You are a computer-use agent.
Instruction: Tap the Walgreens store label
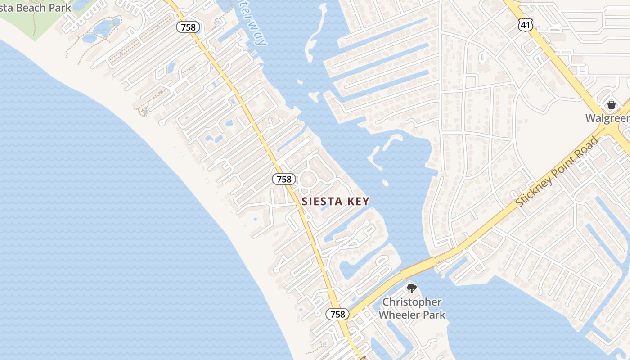tap(607, 118)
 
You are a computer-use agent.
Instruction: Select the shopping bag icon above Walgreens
tap(611, 105)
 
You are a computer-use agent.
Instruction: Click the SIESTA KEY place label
tap(336, 202)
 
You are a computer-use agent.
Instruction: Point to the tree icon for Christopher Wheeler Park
tap(411, 288)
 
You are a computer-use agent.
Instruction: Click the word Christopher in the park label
tap(412, 302)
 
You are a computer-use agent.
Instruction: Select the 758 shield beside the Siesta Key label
tap(284, 179)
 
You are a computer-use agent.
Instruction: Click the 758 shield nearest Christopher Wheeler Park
tap(337, 314)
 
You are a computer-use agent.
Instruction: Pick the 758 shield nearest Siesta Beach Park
tap(188, 27)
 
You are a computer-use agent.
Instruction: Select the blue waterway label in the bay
tap(255, 25)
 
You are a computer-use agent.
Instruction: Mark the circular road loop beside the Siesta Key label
tap(308, 179)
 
